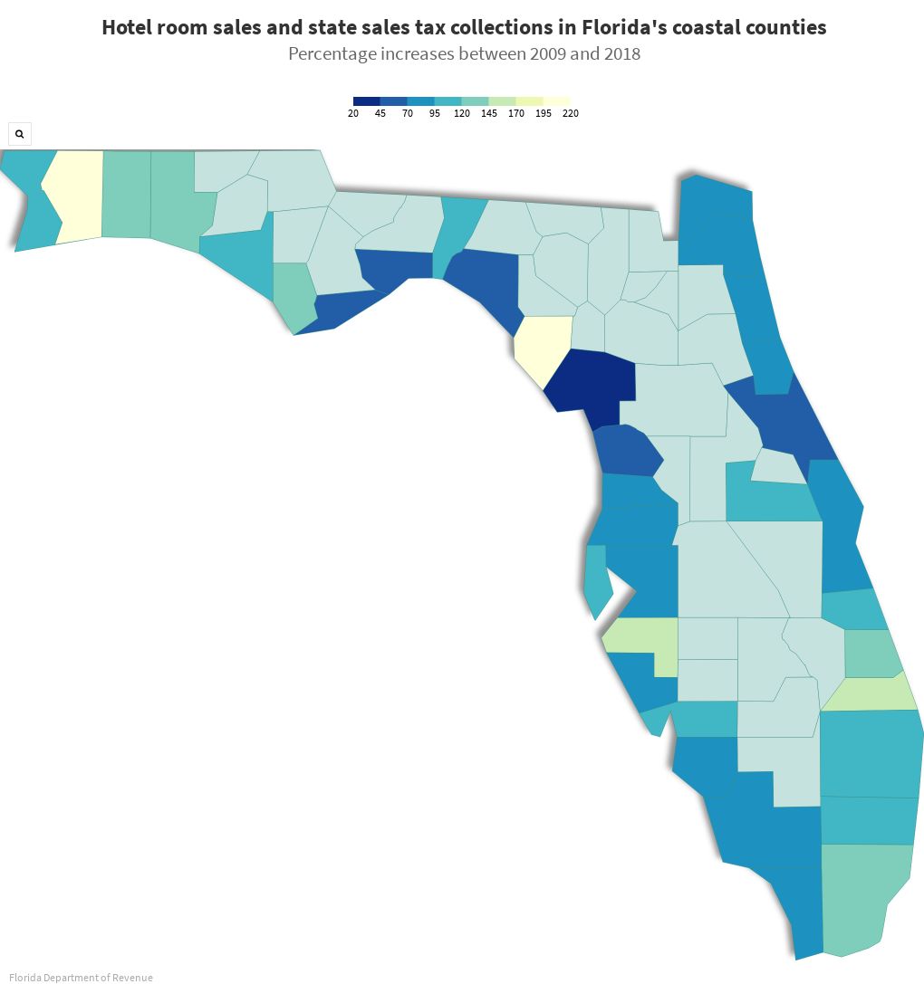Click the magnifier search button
(19, 134)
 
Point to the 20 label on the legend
(353, 114)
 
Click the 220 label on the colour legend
(570, 114)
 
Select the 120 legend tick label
(462, 114)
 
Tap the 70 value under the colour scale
(408, 114)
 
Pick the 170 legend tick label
(516, 114)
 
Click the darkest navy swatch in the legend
(367, 101)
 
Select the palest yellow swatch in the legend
(556, 101)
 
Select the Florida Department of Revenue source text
(82, 978)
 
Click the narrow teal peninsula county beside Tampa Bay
(595, 579)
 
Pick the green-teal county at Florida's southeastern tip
(861, 896)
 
